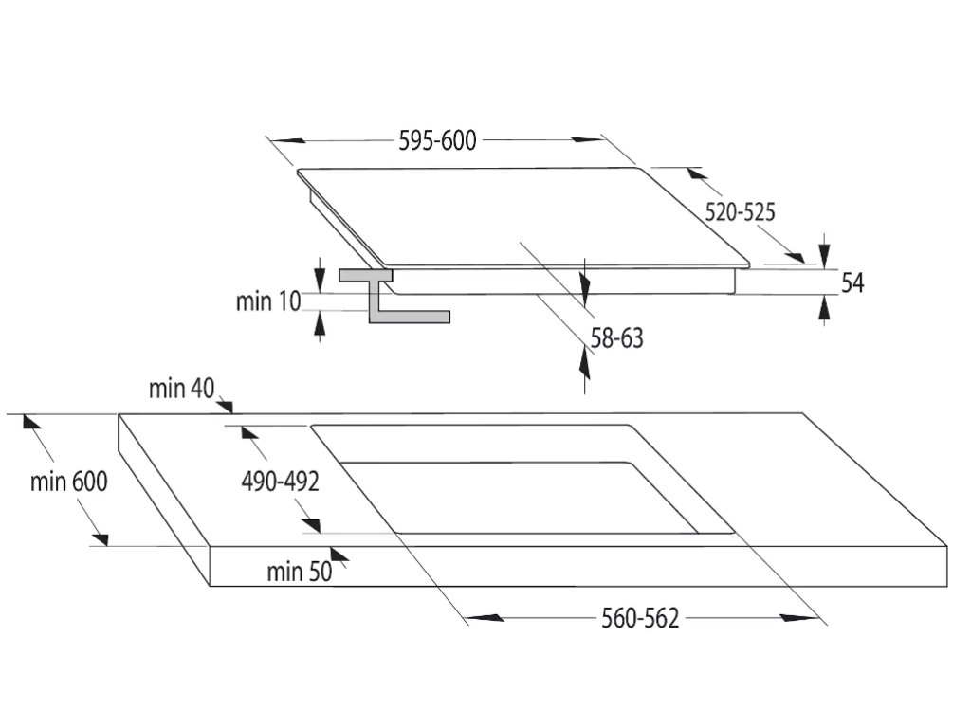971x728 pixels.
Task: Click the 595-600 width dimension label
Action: tap(437, 141)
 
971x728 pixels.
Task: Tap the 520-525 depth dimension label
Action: tap(740, 212)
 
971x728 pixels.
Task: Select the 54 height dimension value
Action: tap(852, 282)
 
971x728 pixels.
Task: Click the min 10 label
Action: tap(267, 301)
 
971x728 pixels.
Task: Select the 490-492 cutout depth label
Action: tap(278, 482)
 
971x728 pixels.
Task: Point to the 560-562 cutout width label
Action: tap(640, 619)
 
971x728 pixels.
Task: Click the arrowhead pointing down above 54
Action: tap(824, 253)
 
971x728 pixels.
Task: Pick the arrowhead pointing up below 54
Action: tap(824, 308)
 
